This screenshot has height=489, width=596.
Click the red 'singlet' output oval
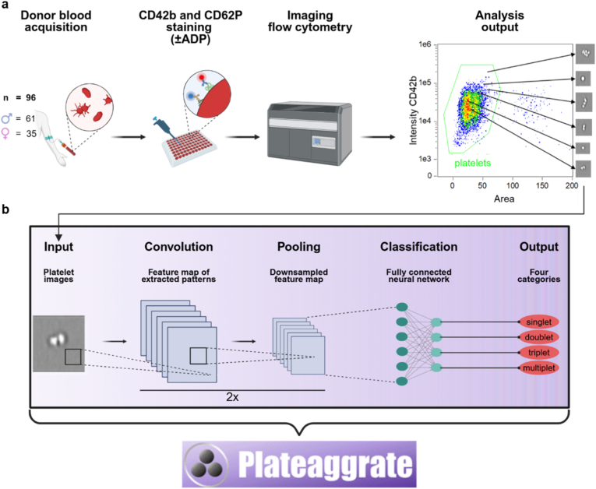538,322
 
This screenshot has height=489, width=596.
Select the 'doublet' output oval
538,337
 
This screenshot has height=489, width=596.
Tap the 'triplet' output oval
538,353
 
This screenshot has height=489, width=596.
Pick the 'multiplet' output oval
538,368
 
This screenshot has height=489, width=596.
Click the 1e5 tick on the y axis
425,83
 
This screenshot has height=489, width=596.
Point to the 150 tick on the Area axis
542,185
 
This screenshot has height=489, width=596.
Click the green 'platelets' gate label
472,163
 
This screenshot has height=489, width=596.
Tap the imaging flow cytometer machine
309,133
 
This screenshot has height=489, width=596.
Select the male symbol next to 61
7,118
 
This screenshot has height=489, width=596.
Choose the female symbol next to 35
6,134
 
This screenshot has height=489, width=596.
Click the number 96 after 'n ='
31,97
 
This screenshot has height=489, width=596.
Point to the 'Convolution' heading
178,247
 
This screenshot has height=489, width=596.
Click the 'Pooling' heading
298,247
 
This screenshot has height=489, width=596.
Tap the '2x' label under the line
232,397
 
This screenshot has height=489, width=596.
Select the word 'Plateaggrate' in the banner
326,464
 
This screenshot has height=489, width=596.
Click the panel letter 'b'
5,209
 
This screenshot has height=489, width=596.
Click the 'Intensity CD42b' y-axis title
413,111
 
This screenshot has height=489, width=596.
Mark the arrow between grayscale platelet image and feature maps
115,341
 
